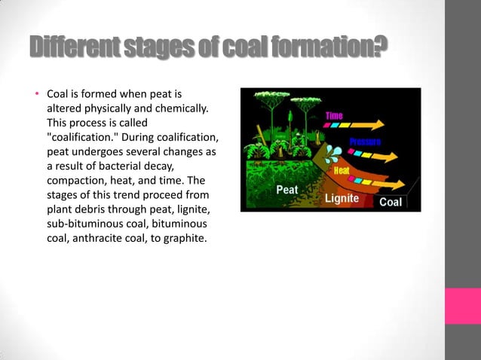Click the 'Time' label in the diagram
point(334,115)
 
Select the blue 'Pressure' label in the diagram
point(365,142)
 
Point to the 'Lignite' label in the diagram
point(342,199)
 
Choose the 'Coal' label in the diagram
point(390,202)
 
